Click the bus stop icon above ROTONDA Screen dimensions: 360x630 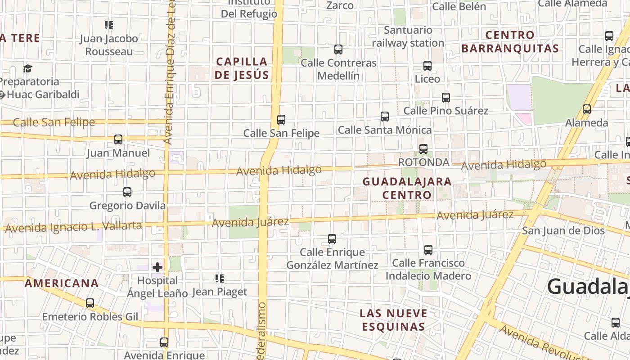pyautogui.click(x=423, y=148)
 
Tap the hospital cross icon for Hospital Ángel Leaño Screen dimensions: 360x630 pyautogui.click(x=157, y=267)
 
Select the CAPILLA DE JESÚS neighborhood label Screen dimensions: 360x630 pyautogui.click(x=241, y=68)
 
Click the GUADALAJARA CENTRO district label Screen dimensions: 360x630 pyautogui.click(x=407, y=188)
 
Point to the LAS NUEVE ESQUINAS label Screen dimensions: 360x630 pyautogui.click(x=393, y=319)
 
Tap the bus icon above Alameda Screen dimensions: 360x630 pyautogui.click(x=586, y=109)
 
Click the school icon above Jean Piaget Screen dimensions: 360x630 pyautogui.click(x=220, y=279)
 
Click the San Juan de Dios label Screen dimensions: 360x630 pyautogui.click(x=563, y=230)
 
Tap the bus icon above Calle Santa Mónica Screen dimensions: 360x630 pyautogui.click(x=385, y=117)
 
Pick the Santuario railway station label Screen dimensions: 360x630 pyautogui.click(x=408, y=36)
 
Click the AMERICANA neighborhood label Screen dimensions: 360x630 pyautogui.click(x=61, y=283)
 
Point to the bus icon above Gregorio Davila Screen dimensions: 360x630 pyautogui.click(x=127, y=192)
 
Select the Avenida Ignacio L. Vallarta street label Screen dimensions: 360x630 pyautogui.click(x=73, y=227)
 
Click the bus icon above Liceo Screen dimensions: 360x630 pyautogui.click(x=427, y=66)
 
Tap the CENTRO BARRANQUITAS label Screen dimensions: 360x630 pyautogui.click(x=510, y=41)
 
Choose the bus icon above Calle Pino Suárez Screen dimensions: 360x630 pyautogui.click(x=446, y=97)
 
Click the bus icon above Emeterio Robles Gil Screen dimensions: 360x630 pyautogui.click(x=90, y=303)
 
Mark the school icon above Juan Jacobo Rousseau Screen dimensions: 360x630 pyautogui.click(x=109, y=25)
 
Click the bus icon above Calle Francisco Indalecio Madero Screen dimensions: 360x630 pyautogui.click(x=428, y=249)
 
